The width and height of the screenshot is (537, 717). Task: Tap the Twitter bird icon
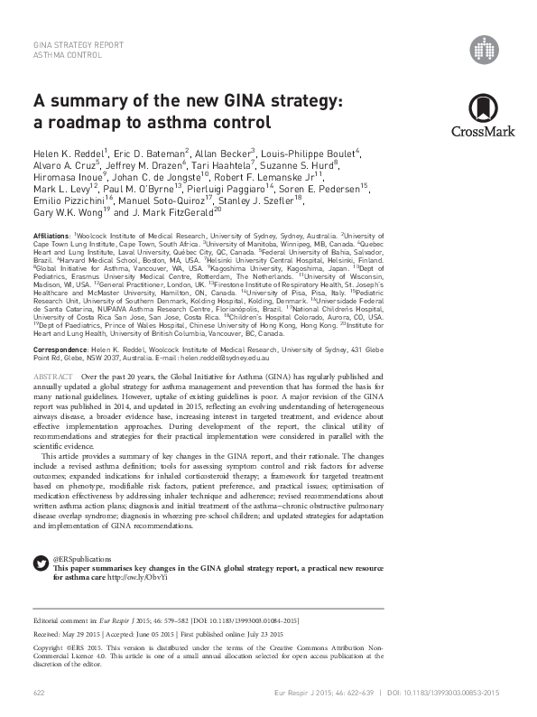point(41,563)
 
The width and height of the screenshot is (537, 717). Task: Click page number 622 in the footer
point(39,692)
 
